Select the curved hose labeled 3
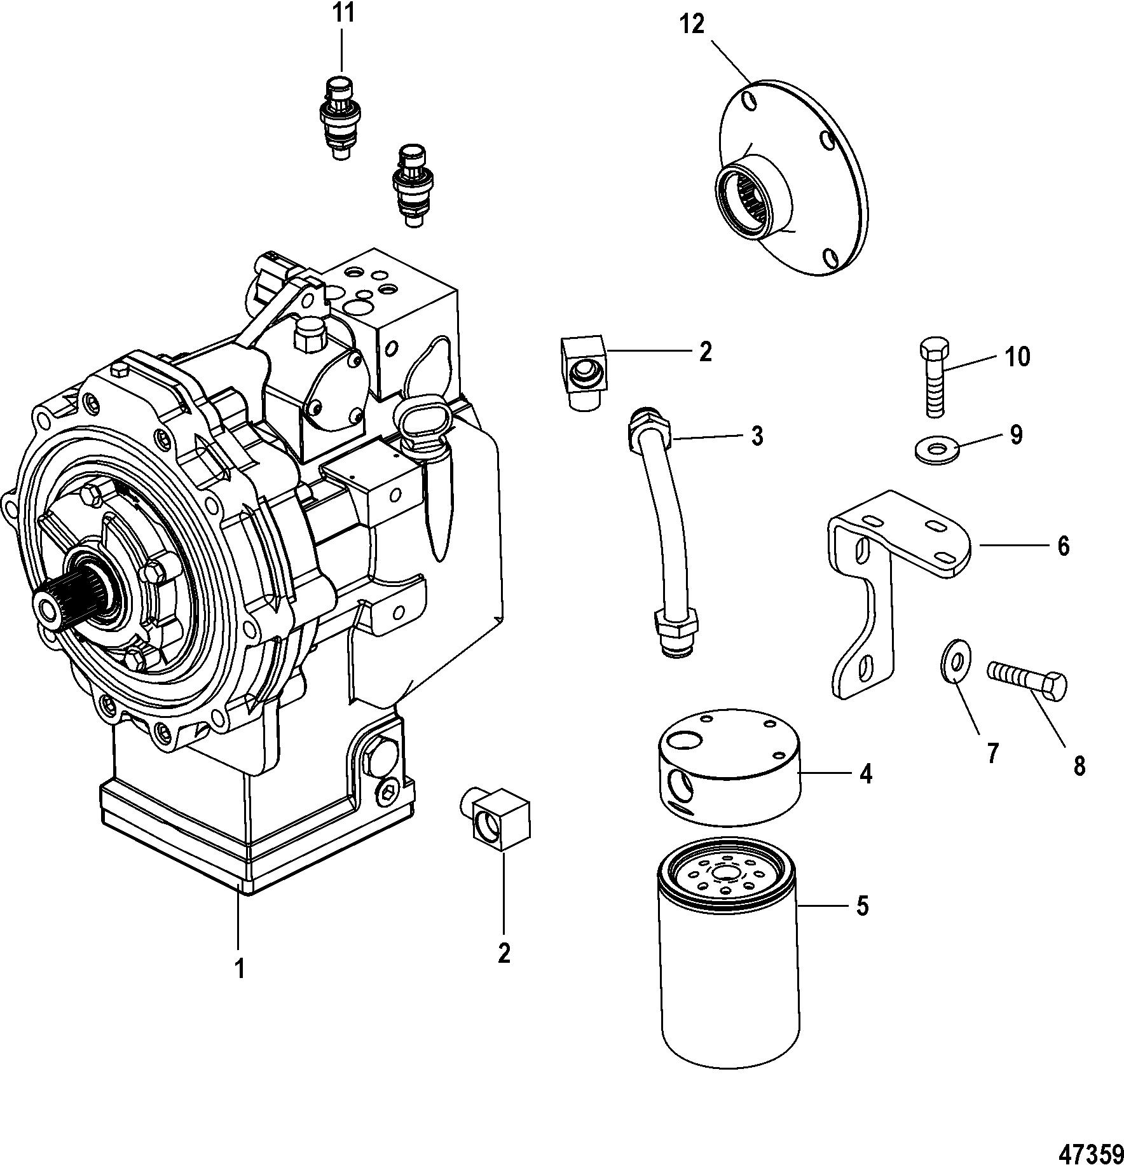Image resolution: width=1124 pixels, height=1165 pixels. click(x=662, y=532)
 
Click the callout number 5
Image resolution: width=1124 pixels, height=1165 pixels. click(x=861, y=905)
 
